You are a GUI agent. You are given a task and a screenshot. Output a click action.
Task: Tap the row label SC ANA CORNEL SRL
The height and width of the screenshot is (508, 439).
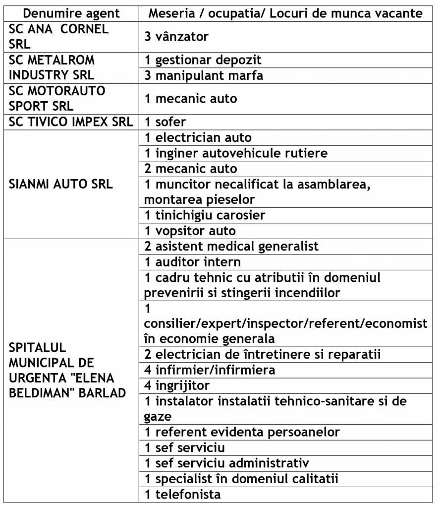(x=58, y=36)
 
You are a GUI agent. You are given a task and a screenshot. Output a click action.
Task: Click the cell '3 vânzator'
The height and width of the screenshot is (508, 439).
(x=176, y=36)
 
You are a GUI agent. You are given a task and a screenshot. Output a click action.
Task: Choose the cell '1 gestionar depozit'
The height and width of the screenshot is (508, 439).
(x=203, y=60)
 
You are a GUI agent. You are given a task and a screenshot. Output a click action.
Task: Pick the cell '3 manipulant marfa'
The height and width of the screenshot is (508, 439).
(x=204, y=76)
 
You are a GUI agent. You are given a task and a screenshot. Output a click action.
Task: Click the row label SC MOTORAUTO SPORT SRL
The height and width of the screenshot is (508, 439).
(x=57, y=98)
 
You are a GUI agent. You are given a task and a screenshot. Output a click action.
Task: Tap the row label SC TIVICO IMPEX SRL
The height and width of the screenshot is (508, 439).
(x=71, y=122)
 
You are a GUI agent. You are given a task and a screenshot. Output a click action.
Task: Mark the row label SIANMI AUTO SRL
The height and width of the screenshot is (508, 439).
(x=61, y=184)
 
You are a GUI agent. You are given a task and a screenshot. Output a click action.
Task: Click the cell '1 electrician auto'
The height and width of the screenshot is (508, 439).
(x=198, y=137)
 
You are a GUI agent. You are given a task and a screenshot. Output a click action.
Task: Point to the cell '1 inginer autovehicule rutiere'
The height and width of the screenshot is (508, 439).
(x=236, y=153)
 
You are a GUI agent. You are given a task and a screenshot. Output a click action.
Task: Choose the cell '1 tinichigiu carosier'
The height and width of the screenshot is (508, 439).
(x=205, y=215)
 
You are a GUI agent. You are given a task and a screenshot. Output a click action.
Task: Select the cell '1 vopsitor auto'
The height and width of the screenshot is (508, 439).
(x=190, y=231)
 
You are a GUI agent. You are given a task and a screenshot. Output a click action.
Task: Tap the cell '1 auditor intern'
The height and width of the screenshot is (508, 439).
(x=193, y=261)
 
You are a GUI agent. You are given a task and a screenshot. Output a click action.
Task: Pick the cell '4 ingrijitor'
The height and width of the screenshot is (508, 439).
(x=177, y=385)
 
